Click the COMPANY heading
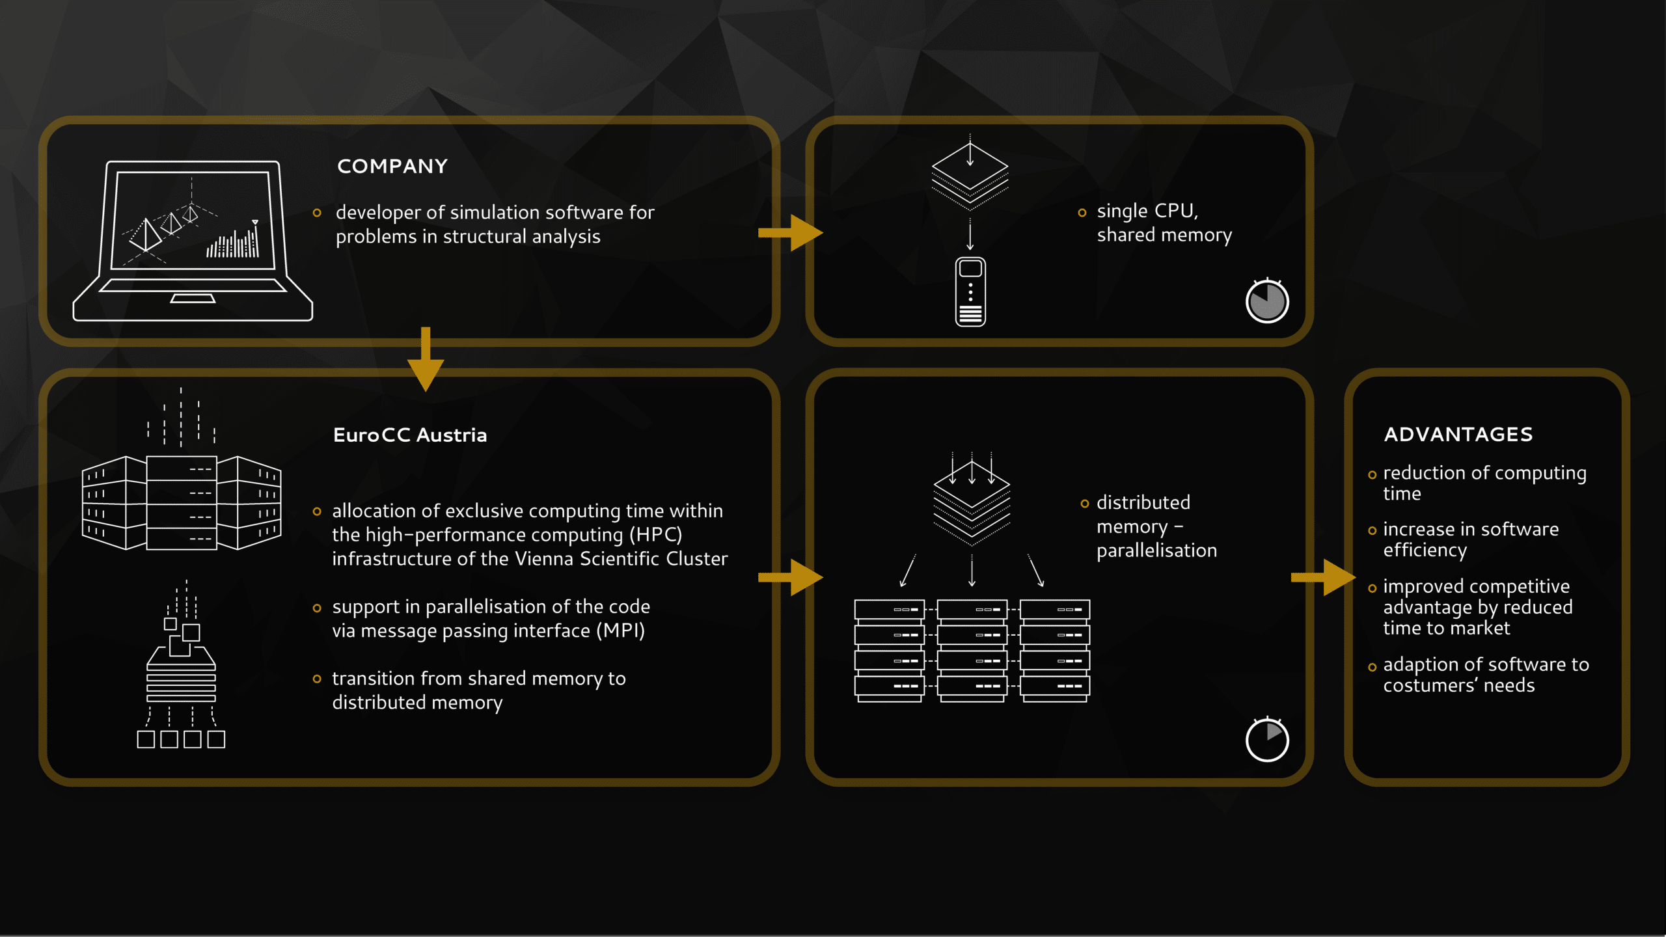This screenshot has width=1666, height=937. [x=392, y=167]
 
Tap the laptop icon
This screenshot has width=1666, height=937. [x=193, y=241]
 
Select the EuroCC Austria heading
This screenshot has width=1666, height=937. [x=410, y=435]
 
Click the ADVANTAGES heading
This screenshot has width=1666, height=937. [x=1458, y=434]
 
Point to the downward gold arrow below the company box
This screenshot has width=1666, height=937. [x=426, y=359]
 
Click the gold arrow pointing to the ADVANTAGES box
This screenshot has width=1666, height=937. [x=1323, y=577]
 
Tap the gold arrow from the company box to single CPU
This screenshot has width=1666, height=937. [x=791, y=233]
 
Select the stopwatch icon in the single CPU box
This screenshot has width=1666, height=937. [x=1267, y=301]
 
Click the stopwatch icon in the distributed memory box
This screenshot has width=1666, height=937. [x=1267, y=739]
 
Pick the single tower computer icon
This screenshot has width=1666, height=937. [x=970, y=292]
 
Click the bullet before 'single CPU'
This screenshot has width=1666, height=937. [x=1082, y=213]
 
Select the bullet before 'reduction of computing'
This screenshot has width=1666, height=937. [x=1372, y=475]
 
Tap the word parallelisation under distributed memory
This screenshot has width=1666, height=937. [x=1156, y=551]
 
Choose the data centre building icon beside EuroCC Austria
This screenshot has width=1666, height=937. [x=182, y=468]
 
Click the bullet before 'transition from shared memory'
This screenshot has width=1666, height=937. [x=317, y=679]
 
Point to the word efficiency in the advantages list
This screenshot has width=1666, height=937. [x=1425, y=551]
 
